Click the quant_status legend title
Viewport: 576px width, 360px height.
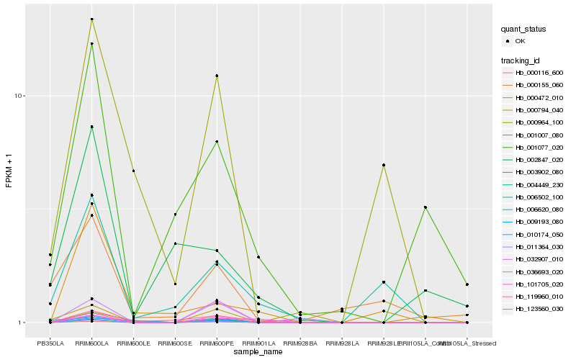524,30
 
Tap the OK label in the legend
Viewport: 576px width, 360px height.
520,42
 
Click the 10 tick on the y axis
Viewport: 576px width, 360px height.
19,96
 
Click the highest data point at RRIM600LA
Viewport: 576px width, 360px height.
92,19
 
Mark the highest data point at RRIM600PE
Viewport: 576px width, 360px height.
217,76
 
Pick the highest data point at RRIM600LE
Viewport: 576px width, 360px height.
134,171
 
